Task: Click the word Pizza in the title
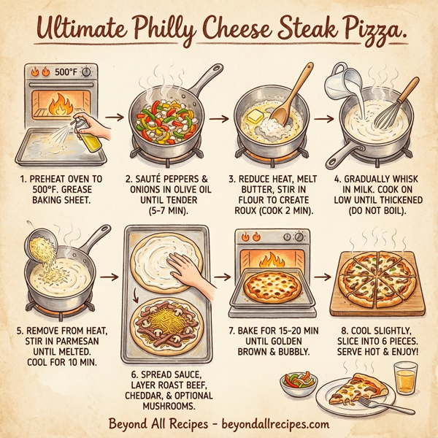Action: (x=357, y=30)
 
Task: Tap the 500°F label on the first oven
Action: (x=65, y=72)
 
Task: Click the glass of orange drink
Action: (x=404, y=380)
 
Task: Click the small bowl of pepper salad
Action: (x=299, y=382)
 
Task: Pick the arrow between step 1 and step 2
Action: (x=114, y=115)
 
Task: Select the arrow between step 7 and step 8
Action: (x=323, y=278)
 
